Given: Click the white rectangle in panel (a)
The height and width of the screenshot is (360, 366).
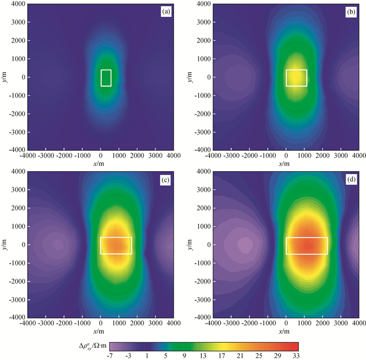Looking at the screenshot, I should (x=106, y=77).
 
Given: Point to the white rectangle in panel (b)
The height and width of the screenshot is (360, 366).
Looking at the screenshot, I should (x=296, y=77).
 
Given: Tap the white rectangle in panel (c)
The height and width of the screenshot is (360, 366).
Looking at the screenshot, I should (x=116, y=245).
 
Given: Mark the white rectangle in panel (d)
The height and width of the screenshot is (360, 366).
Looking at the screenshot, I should (x=306, y=245).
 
